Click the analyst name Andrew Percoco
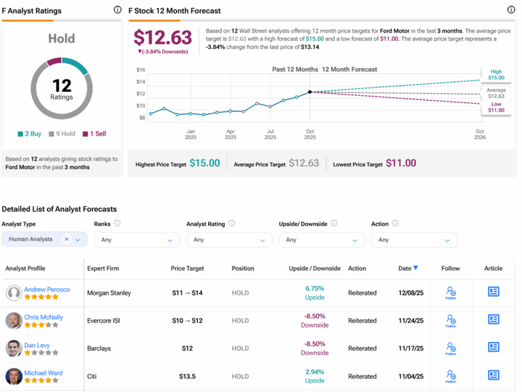coord(47,289)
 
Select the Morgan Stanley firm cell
coord(109,293)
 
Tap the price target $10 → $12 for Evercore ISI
coord(187,320)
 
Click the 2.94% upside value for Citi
coord(315,372)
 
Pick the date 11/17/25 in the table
coord(411,349)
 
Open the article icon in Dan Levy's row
coord(493,347)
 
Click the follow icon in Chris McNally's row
coord(451,320)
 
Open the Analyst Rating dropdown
coord(228,240)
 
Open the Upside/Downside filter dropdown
coord(321,240)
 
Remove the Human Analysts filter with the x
coord(67,239)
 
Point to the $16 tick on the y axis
coord(141,70)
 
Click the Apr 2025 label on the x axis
coord(230,134)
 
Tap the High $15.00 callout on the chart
coord(495,75)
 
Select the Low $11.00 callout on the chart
coord(495,107)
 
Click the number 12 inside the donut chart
coord(62,84)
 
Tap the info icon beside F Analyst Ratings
coord(118,10)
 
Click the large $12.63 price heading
coord(163,37)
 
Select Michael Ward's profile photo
coord(13,376)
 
